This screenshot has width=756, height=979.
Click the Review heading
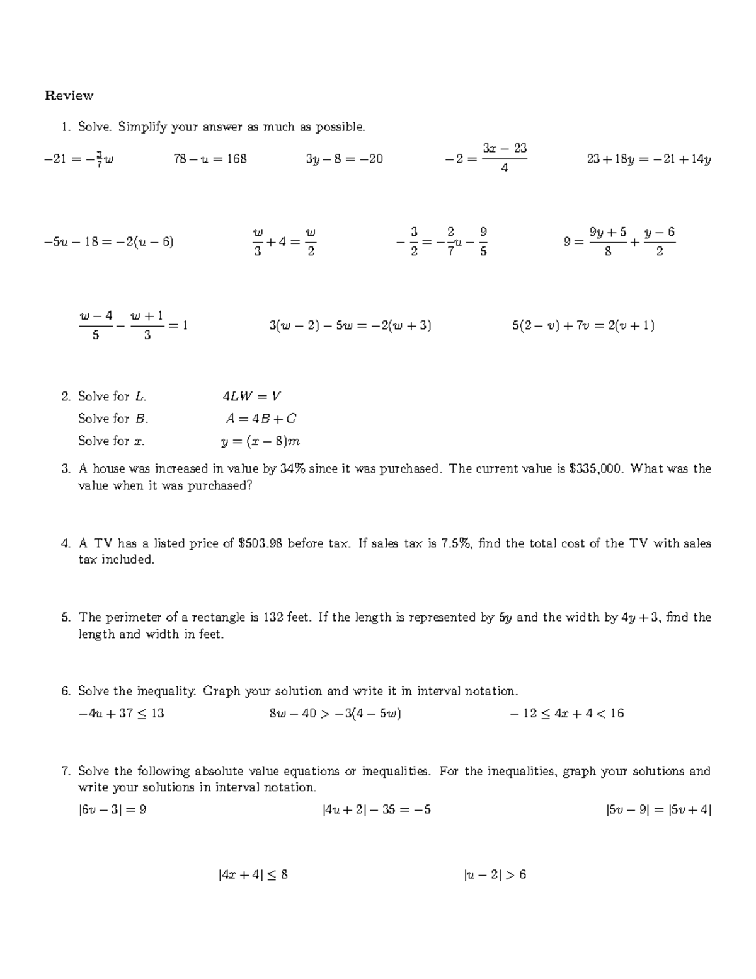pyautogui.click(x=69, y=96)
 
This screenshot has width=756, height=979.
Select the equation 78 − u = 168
pyautogui.click(x=210, y=159)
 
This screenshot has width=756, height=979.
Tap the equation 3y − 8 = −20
pyautogui.click(x=344, y=159)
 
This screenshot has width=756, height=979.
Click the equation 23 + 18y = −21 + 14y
pyautogui.click(x=649, y=159)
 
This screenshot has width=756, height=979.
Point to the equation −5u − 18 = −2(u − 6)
pyautogui.click(x=109, y=241)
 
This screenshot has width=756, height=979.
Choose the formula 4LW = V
pyautogui.click(x=251, y=397)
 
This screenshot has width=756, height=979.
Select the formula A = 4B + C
pyautogui.click(x=261, y=419)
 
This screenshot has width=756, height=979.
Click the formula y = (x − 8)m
pyautogui.click(x=260, y=441)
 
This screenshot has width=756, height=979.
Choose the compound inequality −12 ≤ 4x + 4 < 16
pyautogui.click(x=566, y=714)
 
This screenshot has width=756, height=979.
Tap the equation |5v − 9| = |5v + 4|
pyautogui.click(x=658, y=810)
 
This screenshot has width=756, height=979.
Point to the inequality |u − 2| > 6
pyautogui.click(x=495, y=875)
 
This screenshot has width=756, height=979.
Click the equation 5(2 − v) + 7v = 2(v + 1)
pyautogui.click(x=583, y=326)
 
